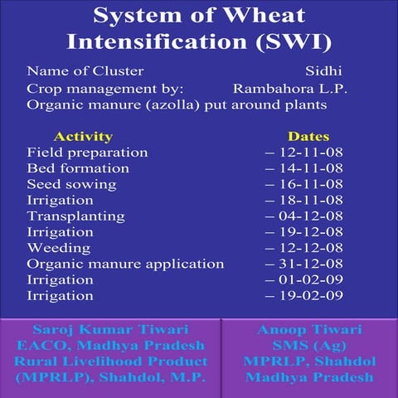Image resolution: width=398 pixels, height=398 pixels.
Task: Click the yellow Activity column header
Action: point(82,136)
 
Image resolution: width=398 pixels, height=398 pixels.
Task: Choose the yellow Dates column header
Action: point(308,136)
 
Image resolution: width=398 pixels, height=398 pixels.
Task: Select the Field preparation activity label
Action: point(87,153)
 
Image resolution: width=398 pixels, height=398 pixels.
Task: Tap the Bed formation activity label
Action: point(78,168)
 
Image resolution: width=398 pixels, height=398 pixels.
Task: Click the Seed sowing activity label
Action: point(70,184)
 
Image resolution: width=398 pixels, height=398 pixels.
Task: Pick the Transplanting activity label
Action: point(75,216)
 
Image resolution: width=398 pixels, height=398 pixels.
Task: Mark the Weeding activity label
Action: point(59,248)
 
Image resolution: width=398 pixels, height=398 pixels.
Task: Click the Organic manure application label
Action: point(125,264)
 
